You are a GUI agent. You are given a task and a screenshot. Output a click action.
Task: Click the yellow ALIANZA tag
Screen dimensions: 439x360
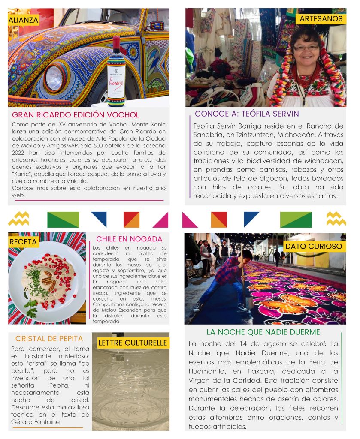coord(23,20)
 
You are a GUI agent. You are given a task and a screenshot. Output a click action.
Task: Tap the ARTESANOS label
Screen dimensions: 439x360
coord(321,19)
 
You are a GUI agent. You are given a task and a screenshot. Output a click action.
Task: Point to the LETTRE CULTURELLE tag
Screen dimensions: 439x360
coord(133,343)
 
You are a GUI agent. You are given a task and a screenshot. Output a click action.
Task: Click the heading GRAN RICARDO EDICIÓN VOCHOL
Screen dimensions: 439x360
coord(76,115)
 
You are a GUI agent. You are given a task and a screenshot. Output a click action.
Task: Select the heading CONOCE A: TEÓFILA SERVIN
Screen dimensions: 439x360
coord(247,114)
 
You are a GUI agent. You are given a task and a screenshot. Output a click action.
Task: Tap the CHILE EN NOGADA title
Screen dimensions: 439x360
coord(129,239)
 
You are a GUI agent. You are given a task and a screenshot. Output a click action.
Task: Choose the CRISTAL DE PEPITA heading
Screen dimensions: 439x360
coord(49,338)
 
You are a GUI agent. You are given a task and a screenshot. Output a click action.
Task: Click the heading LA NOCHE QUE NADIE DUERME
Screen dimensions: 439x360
coord(263,332)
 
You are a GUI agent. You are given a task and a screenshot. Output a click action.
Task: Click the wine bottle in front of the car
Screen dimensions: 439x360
coord(116,71)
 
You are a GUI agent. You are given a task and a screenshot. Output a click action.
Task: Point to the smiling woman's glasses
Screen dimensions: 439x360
coord(306,47)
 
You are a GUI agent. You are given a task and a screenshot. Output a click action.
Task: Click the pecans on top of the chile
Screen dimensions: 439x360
coord(47,280)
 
